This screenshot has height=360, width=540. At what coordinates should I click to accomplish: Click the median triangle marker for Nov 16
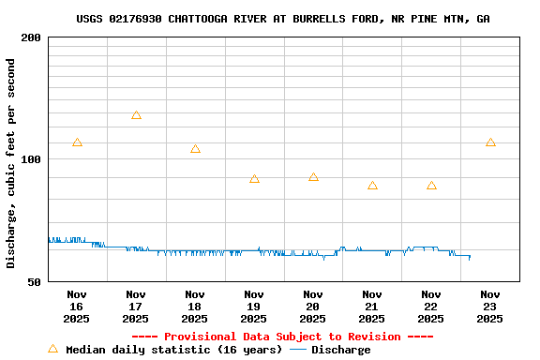(x=77, y=142)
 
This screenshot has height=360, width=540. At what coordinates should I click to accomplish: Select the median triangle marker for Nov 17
(x=136, y=115)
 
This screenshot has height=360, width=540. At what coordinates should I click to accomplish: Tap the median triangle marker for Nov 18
(x=195, y=149)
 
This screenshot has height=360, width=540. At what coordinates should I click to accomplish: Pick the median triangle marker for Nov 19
(x=254, y=179)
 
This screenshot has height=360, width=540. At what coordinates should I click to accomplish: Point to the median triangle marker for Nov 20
(x=313, y=177)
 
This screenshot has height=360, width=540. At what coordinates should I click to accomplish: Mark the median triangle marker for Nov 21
(x=372, y=186)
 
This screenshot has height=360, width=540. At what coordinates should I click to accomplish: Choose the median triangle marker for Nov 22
(x=431, y=186)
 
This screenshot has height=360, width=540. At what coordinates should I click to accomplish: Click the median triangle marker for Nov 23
(x=490, y=142)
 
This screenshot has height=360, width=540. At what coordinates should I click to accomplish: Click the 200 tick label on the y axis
(x=31, y=37)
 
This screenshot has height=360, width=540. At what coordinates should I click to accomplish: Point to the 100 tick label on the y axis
(x=31, y=159)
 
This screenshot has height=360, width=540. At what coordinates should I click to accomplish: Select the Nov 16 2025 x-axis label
(x=77, y=307)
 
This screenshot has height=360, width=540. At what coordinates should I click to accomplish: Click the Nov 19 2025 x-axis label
(x=254, y=307)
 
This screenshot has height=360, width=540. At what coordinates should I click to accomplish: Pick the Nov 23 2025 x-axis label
(x=490, y=307)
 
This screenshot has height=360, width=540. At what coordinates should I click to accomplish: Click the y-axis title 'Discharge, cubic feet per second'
(x=11, y=163)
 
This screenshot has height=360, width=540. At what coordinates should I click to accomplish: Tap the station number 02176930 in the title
(x=135, y=19)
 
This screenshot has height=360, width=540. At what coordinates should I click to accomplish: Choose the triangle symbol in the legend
(x=53, y=349)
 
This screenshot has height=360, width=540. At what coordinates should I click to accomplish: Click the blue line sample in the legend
(x=297, y=350)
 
